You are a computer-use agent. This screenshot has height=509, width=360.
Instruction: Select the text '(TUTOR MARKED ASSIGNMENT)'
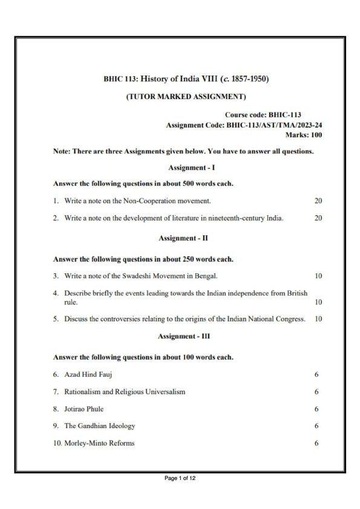[180, 96]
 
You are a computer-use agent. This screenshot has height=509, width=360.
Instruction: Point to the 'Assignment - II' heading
[180, 238]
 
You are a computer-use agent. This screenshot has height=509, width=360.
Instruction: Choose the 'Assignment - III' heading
[180, 335]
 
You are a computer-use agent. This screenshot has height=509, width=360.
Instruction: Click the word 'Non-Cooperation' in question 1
[153, 199]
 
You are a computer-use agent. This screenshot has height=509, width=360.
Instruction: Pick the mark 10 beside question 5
[318, 319]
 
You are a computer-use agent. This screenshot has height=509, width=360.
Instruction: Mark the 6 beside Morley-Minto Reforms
[316, 443]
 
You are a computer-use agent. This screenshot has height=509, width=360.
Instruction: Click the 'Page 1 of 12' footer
[180, 479]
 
